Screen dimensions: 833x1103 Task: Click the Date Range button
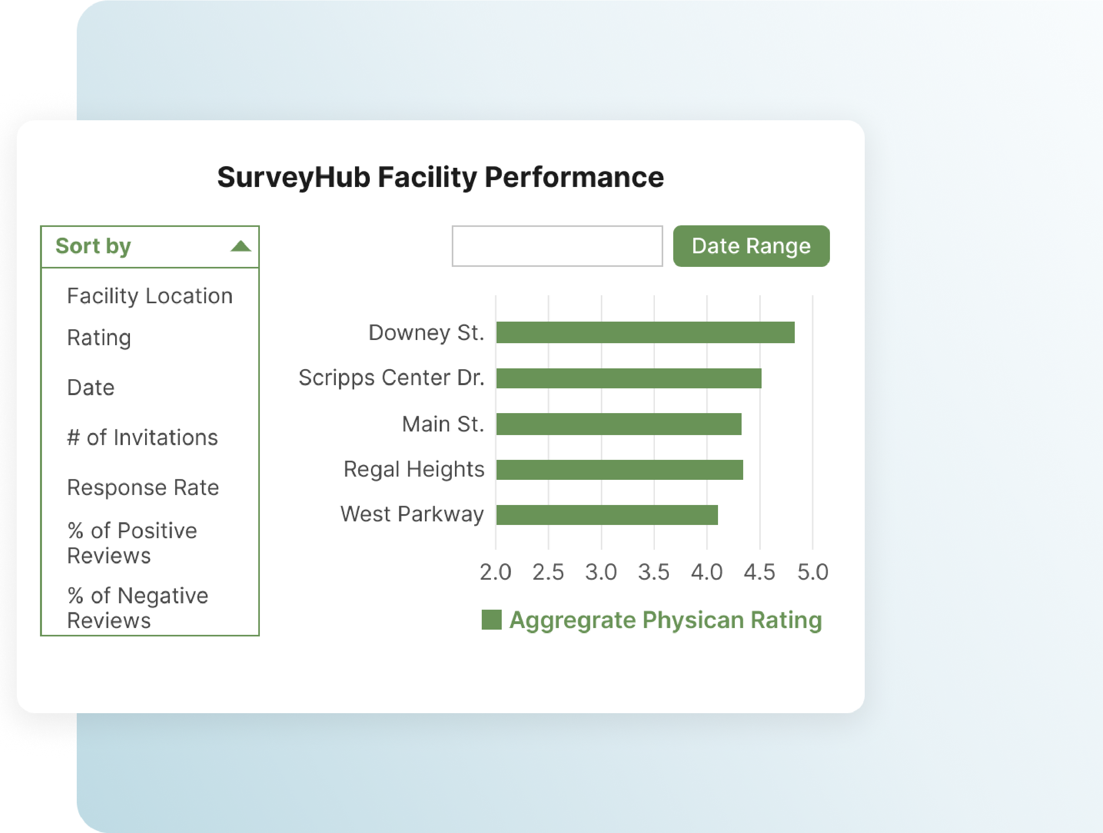pos(751,246)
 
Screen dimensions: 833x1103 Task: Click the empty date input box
pos(557,246)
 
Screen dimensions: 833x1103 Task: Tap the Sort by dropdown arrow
pos(241,246)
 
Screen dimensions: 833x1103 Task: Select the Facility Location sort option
pos(150,296)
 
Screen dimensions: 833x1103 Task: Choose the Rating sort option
pos(99,338)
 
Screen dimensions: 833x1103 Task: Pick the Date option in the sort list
pos(91,388)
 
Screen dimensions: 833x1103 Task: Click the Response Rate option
pos(143,487)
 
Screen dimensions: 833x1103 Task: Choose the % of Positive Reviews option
pos(132,543)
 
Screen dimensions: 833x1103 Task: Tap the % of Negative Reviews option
pos(137,608)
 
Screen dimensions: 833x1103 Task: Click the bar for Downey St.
pos(645,332)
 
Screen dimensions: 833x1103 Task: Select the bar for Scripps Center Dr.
pos(628,378)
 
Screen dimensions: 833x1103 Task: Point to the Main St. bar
pos(618,424)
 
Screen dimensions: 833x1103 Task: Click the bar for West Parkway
pos(606,515)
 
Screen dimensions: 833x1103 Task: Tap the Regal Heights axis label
pos(414,469)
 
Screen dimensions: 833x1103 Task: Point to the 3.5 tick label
pos(654,572)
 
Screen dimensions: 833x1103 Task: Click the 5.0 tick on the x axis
pos(812,572)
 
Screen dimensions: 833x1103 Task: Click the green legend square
pos(491,620)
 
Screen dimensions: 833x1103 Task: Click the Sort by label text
pos(93,246)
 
